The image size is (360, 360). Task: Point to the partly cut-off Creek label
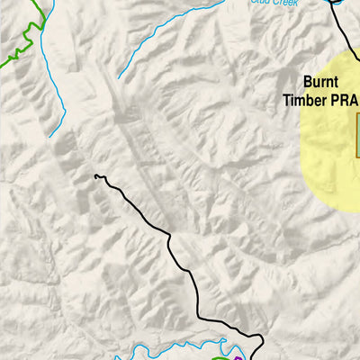click(x=271, y=3)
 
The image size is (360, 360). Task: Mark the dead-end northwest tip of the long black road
click(x=95, y=176)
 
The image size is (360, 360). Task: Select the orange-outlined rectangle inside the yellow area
click(x=357, y=139)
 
